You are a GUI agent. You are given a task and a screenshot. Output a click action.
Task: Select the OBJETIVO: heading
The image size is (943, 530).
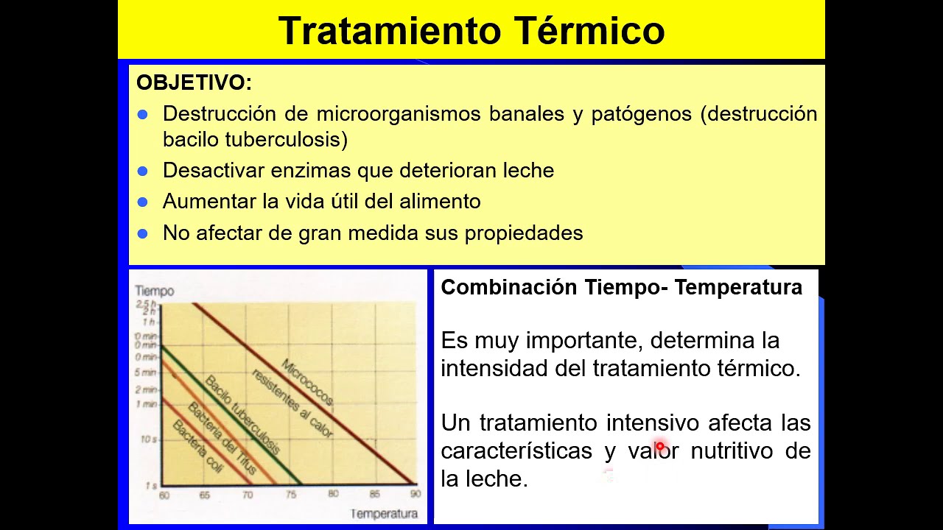194,83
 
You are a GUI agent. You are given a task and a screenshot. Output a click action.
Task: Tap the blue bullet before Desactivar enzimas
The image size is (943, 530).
143,171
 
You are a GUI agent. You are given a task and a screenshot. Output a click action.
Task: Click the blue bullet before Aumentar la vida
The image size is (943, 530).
143,202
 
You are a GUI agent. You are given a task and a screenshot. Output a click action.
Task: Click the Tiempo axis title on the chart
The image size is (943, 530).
154,291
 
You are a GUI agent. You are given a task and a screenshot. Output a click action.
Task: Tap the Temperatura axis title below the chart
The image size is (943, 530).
383,513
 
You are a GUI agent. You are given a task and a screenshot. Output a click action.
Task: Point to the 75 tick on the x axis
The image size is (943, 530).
291,495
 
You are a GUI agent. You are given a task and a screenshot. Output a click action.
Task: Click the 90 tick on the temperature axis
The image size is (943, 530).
415,495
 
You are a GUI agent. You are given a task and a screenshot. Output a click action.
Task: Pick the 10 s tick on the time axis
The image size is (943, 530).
149,439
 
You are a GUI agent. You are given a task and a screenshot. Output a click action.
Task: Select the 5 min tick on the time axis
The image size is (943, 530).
147,372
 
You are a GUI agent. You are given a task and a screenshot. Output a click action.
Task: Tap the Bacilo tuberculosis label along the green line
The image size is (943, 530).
242,414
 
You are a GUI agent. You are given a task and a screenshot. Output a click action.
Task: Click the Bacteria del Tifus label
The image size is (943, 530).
222,439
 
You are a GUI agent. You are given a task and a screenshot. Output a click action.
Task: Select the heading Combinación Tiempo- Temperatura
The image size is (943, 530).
621,288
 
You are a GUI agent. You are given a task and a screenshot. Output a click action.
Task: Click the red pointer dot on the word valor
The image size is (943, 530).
659,446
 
